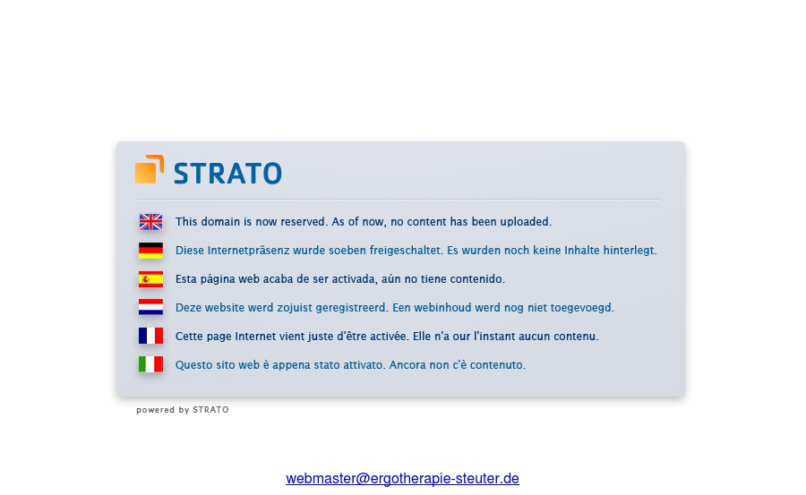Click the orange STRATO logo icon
pyautogui.click(x=150, y=169)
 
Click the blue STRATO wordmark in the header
pyautogui.click(x=227, y=173)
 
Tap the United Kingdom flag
pyautogui.click(x=150, y=222)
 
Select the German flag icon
pyautogui.click(x=150, y=251)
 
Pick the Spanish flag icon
pyautogui.click(x=150, y=279)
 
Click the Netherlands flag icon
pyautogui.click(x=150, y=308)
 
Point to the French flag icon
pyautogui.click(x=150, y=337)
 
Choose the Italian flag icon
pyautogui.click(x=150, y=364)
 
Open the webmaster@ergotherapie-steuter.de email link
pyautogui.click(x=402, y=479)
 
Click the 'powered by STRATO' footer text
pyautogui.click(x=183, y=410)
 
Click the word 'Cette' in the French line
pyautogui.click(x=189, y=337)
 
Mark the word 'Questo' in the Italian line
pyautogui.click(x=193, y=365)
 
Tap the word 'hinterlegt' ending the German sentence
pyautogui.click(x=630, y=251)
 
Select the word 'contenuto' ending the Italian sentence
pyautogui.click(x=498, y=365)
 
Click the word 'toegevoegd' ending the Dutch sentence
pyautogui.click(x=584, y=308)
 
